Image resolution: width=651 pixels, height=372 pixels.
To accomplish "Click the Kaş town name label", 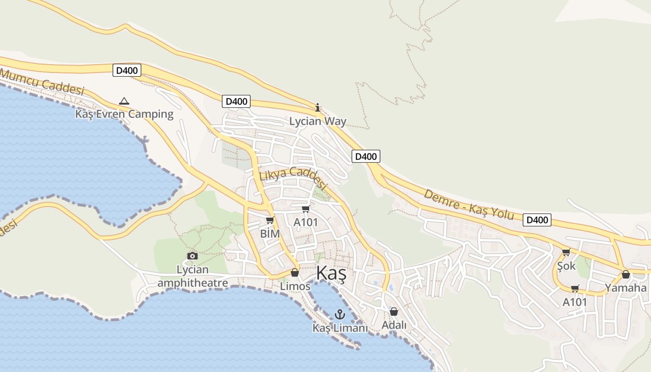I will tap(331, 274).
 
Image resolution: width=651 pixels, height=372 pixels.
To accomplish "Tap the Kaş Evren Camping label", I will tap(124, 114).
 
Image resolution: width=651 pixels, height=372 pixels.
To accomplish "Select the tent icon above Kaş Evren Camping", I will tap(124, 101).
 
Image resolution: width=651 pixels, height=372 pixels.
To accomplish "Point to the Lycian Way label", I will tap(318, 121).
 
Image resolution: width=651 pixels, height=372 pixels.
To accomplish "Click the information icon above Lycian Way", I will tap(318, 108).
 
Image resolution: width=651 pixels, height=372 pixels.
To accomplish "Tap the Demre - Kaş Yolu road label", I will tap(468, 204).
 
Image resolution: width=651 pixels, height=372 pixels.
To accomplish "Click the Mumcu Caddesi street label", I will tap(42, 82).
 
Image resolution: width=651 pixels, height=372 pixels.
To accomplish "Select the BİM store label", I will tap(270, 233).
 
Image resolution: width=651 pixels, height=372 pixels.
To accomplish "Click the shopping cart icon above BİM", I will tap(270, 220).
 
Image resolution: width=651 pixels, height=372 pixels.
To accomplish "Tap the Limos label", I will tap(295, 286).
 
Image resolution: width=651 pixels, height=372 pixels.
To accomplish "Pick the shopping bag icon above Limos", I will tap(294, 272).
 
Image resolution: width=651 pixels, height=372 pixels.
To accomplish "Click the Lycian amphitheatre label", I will tap(193, 276).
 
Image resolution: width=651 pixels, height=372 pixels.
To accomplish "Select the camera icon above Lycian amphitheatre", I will tap(192, 256).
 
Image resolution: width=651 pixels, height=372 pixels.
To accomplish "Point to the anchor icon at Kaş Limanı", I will tap(340, 314).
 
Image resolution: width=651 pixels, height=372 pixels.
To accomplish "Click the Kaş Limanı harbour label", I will tap(340, 328).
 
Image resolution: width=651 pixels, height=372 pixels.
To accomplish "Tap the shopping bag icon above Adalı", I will tap(394, 312).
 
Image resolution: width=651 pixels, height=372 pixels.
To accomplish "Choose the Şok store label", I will tap(566, 266).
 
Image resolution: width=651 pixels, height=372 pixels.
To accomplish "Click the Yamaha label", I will tap(625, 288).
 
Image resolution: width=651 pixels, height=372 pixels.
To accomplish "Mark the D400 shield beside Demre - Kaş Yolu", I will tap(537, 220).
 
